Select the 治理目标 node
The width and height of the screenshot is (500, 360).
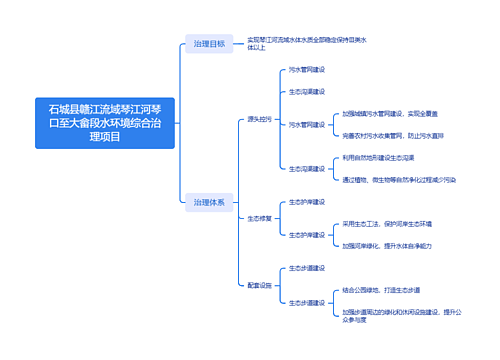(209, 45)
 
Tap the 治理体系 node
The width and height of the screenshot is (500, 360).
(209, 202)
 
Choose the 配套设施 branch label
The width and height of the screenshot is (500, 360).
(259, 285)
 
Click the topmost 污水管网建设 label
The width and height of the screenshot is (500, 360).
(307, 70)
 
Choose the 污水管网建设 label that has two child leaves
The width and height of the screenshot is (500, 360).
(307, 124)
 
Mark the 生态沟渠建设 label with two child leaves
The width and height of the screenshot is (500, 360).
(307, 169)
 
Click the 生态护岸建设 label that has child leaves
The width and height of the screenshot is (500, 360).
(307, 235)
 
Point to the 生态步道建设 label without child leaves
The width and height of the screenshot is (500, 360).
(307, 268)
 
